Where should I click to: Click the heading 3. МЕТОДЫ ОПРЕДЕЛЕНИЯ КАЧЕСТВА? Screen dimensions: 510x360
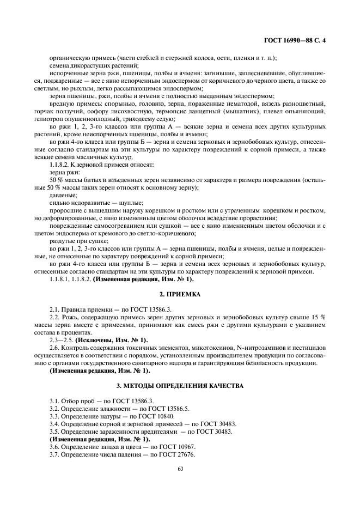point(180,385)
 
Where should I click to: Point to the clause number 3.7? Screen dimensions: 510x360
point(54,454)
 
